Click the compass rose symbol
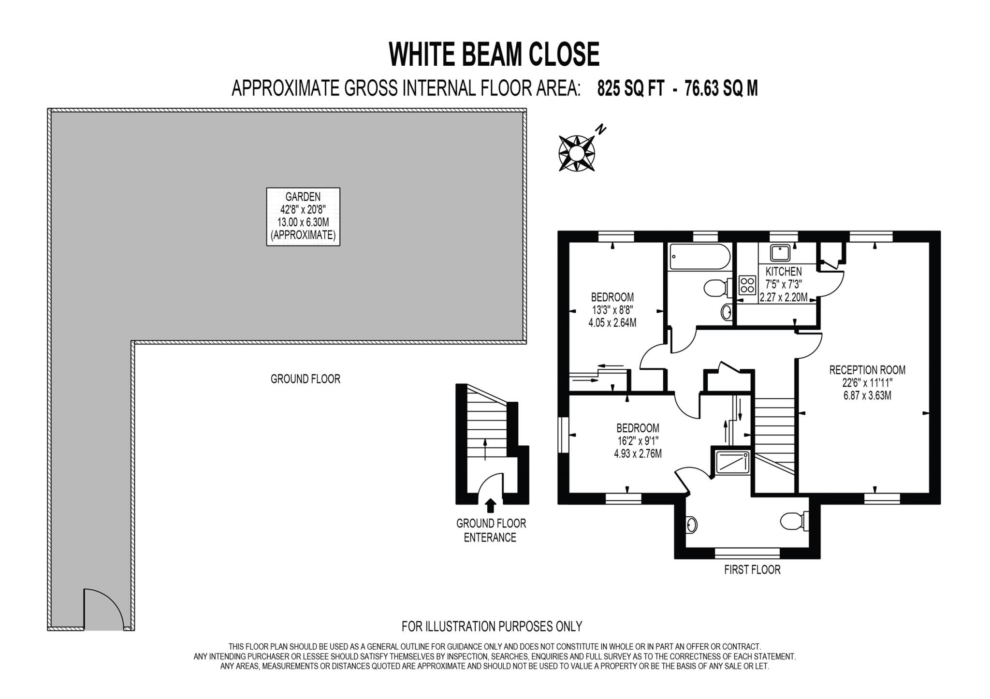[577, 153]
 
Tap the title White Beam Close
[494, 54]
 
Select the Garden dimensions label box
[303, 217]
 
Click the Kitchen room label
[784, 284]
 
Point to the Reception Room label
[867, 382]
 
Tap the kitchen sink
[780, 253]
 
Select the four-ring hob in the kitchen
[747, 285]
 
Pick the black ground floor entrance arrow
[491, 505]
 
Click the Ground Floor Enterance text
[491, 530]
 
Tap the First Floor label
[752, 570]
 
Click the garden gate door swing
[102, 610]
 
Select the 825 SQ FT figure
[630, 88]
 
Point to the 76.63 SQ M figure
[721, 88]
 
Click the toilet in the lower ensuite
[793, 522]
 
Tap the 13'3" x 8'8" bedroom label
[612, 310]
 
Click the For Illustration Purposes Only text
[492, 626]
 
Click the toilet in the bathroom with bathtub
[715, 289]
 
